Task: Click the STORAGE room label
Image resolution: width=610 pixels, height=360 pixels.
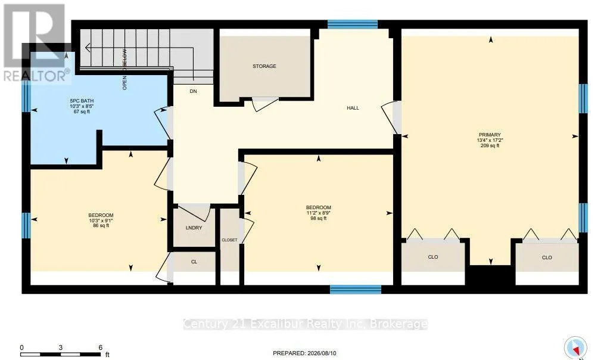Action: (x=264, y=66)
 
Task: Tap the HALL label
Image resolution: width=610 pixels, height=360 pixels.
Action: (x=353, y=108)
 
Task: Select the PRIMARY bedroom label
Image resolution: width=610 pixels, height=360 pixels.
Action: (x=490, y=135)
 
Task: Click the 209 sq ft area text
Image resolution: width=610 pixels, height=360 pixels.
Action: (x=490, y=145)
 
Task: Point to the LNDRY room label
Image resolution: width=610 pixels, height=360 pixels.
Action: (x=194, y=228)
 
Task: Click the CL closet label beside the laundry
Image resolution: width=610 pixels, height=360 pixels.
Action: (x=194, y=262)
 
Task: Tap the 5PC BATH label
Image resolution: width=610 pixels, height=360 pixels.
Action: (x=82, y=101)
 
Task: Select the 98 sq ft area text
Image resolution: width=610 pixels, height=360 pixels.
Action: (x=319, y=218)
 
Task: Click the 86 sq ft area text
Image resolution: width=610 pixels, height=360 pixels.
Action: (x=101, y=225)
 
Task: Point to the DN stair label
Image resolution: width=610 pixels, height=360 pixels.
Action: (x=194, y=91)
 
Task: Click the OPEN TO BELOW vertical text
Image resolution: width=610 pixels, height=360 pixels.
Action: (x=125, y=69)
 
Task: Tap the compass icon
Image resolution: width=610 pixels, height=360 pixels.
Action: (x=575, y=347)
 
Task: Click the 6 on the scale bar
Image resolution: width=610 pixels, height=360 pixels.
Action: (x=100, y=347)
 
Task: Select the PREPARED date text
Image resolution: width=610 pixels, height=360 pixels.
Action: (x=304, y=353)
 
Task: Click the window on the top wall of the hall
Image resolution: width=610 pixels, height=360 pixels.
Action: (x=353, y=24)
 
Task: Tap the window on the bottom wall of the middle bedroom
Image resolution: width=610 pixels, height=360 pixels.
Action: (x=356, y=289)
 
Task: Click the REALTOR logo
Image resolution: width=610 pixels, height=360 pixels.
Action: (x=35, y=44)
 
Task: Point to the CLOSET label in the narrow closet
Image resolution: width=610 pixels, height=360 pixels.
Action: (x=229, y=240)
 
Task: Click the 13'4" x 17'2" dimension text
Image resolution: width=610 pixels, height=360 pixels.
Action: (x=490, y=140)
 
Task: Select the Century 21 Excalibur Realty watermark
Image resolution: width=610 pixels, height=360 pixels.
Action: (x=306, y=324)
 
